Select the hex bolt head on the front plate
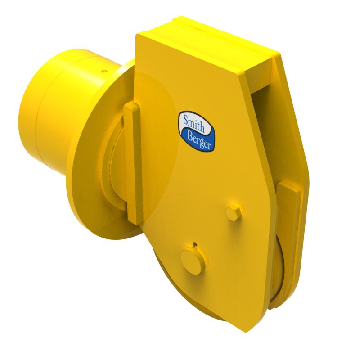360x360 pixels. click(x=234, y=212)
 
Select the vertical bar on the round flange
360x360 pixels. click(x=134, y=162)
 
